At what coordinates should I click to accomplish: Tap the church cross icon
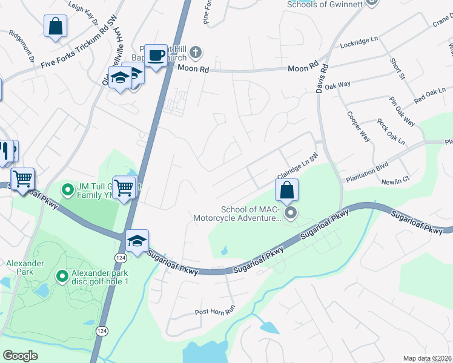point(194,53)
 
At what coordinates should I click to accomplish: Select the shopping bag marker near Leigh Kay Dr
point(55,27)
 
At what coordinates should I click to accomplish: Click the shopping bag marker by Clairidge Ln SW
point(287,190)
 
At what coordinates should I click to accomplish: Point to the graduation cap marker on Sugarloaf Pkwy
point(137,241)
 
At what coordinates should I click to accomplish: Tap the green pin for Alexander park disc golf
point(61,276)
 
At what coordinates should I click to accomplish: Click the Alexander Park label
point(24,263)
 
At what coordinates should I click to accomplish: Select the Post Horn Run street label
point(214,312)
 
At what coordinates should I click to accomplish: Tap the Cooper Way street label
point(359,126)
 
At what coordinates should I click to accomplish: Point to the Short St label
point(397,69)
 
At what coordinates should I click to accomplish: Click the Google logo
point(20,356)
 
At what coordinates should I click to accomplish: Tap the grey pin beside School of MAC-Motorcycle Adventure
point(291,212)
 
